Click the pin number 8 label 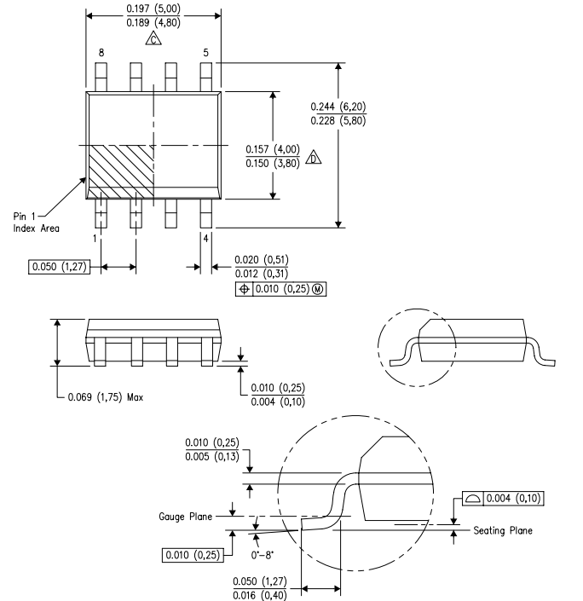101,53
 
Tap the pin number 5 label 205,53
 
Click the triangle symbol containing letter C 153,39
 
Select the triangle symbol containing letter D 336,159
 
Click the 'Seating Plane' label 503,530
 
